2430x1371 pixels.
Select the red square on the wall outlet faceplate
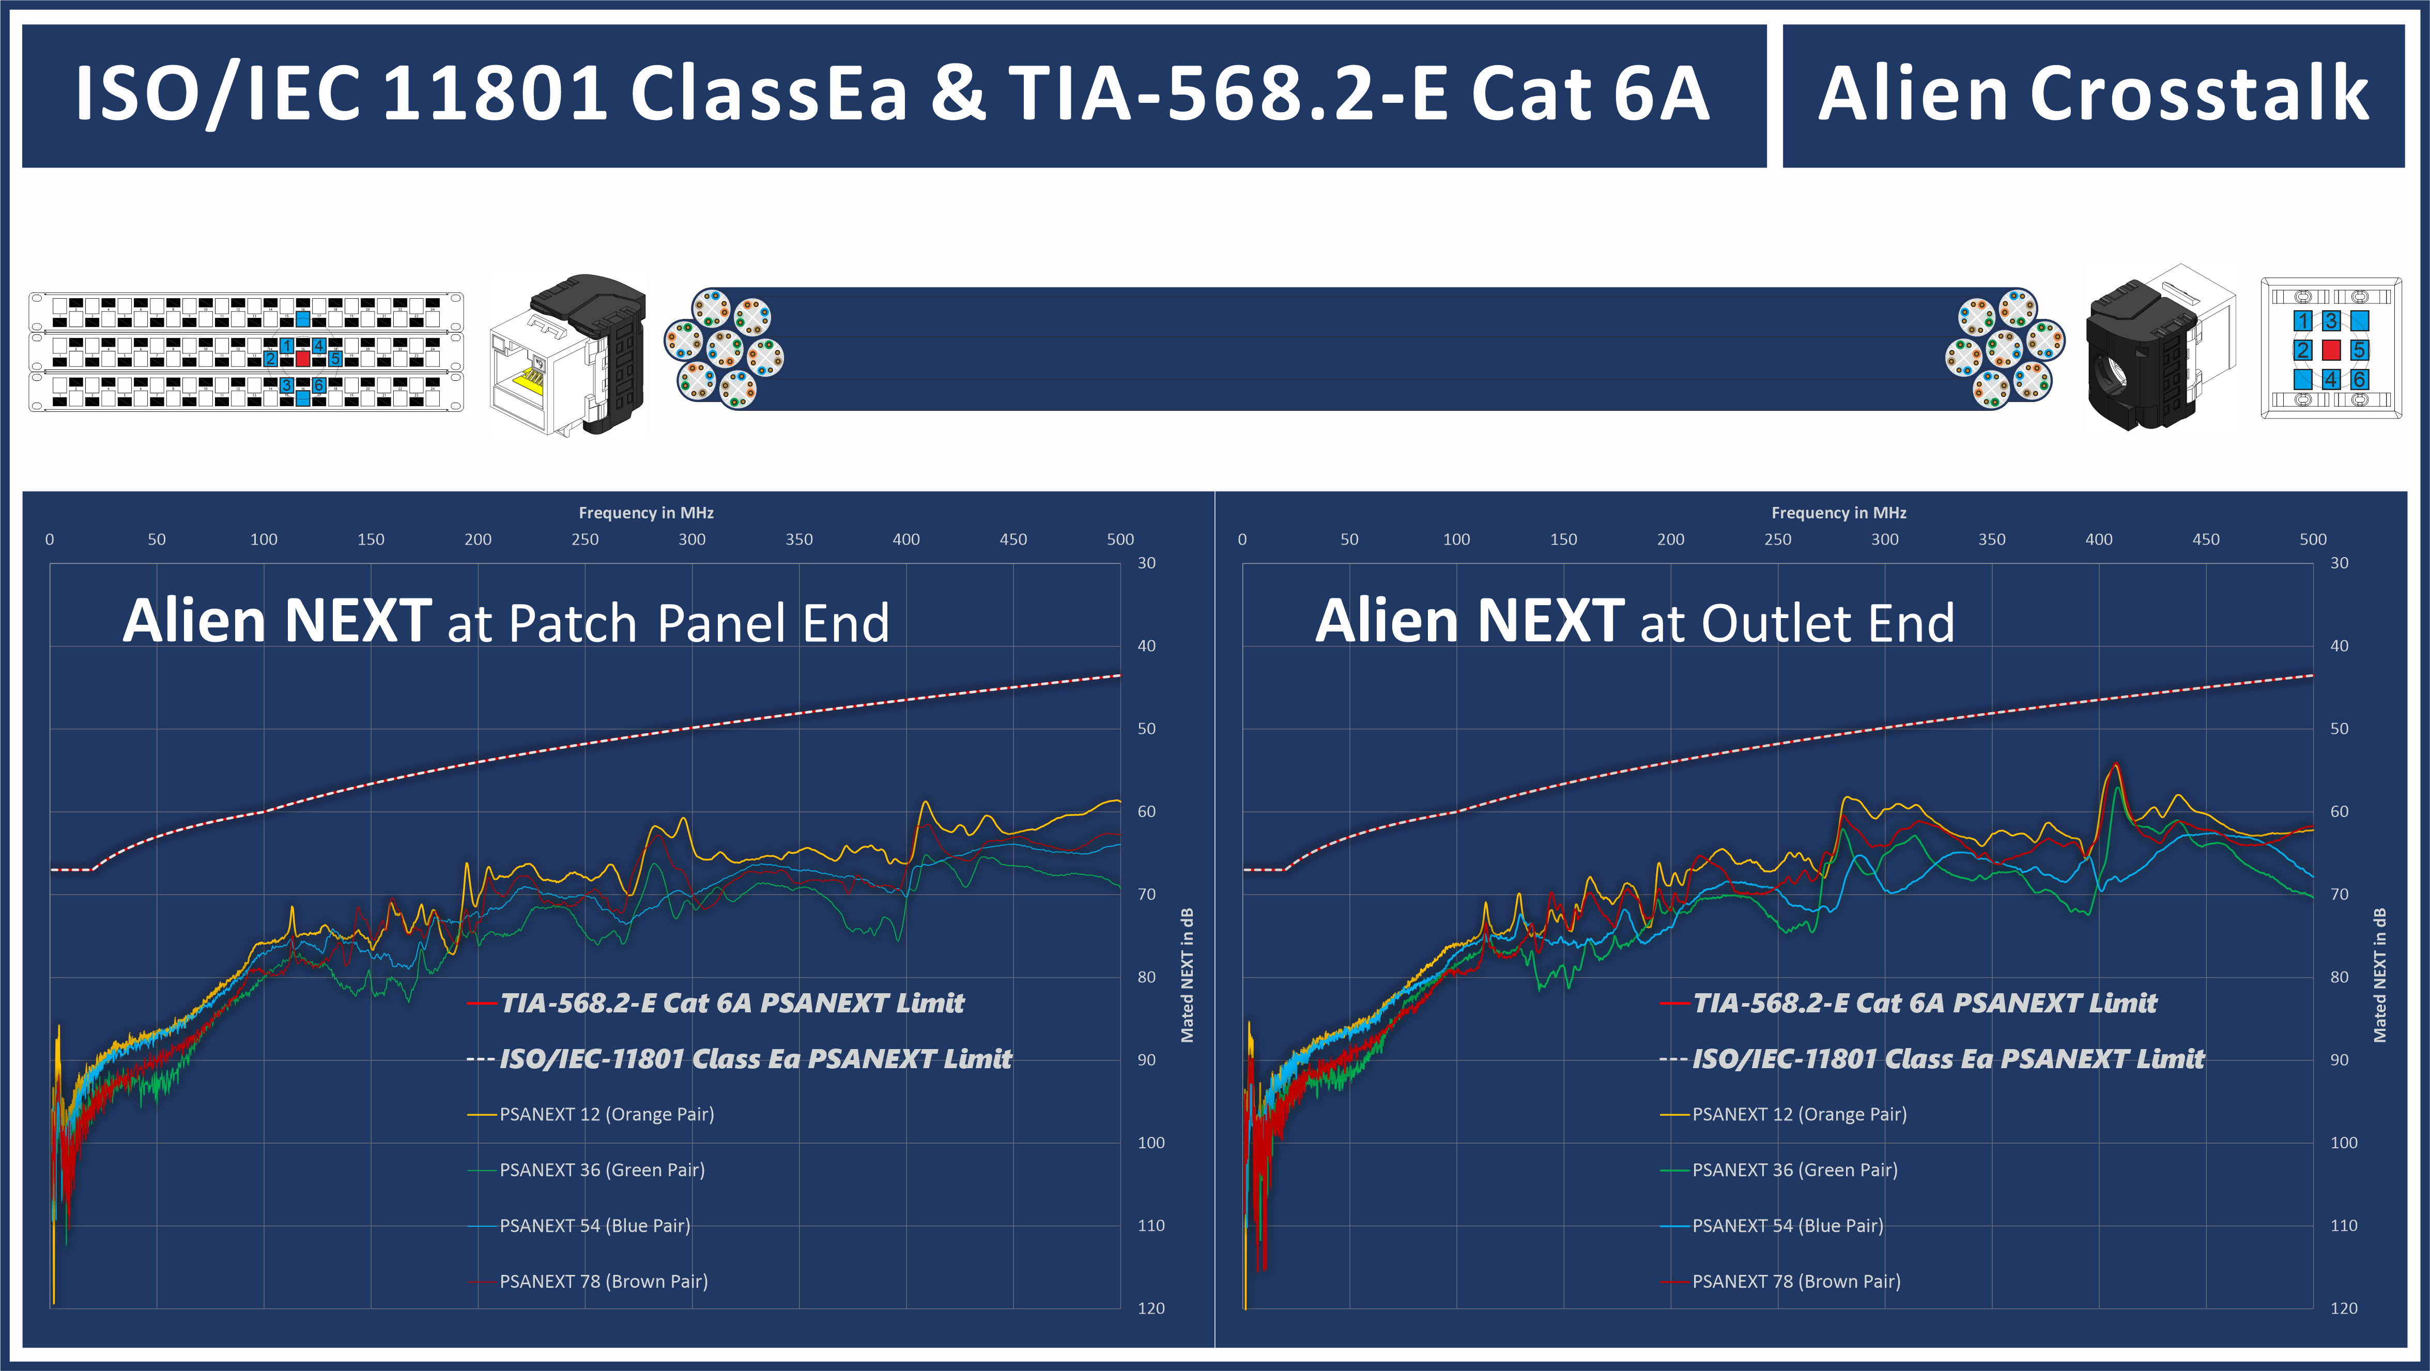pyautogui.click(x=2331, y=350)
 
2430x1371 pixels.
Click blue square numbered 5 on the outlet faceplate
pyautogui.click(x=2359, y=350)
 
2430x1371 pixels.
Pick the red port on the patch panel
pyautogui.click(x=303, y=358)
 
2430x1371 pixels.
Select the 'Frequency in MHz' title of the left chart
pyautogui.click(x=646, y=512)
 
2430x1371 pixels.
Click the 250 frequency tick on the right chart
pyautogui.click(x=1777, y=540)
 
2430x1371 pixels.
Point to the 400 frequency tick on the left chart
pyautogui.click(x=905, y=540)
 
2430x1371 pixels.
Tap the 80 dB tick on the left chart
pyautogui.click(x=1146, y=977)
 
